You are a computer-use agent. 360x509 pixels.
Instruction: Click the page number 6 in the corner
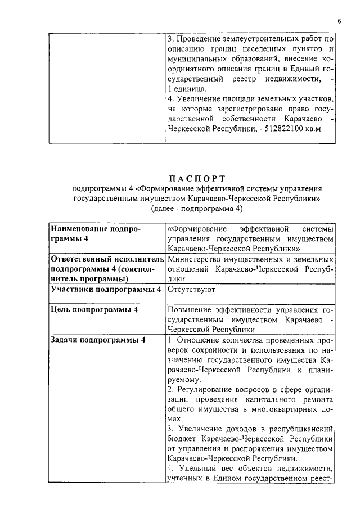coord(340,21)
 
